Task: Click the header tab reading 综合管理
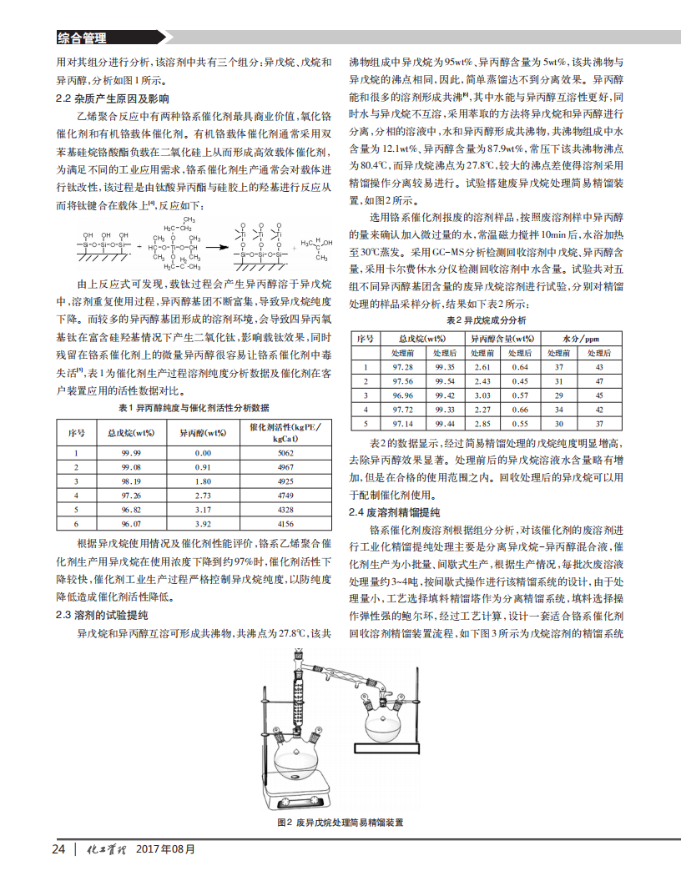[x=82, y=38]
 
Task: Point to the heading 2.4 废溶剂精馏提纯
[x=394, y=511]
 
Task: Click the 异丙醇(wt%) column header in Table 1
[x=203, y=433]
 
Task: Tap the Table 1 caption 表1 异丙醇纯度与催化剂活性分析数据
[x=194, y=408]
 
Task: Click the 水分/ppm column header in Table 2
[x=581, y=340]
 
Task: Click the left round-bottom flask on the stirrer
[x=300, y=763]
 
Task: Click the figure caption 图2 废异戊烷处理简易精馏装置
[x=340, y=823]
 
